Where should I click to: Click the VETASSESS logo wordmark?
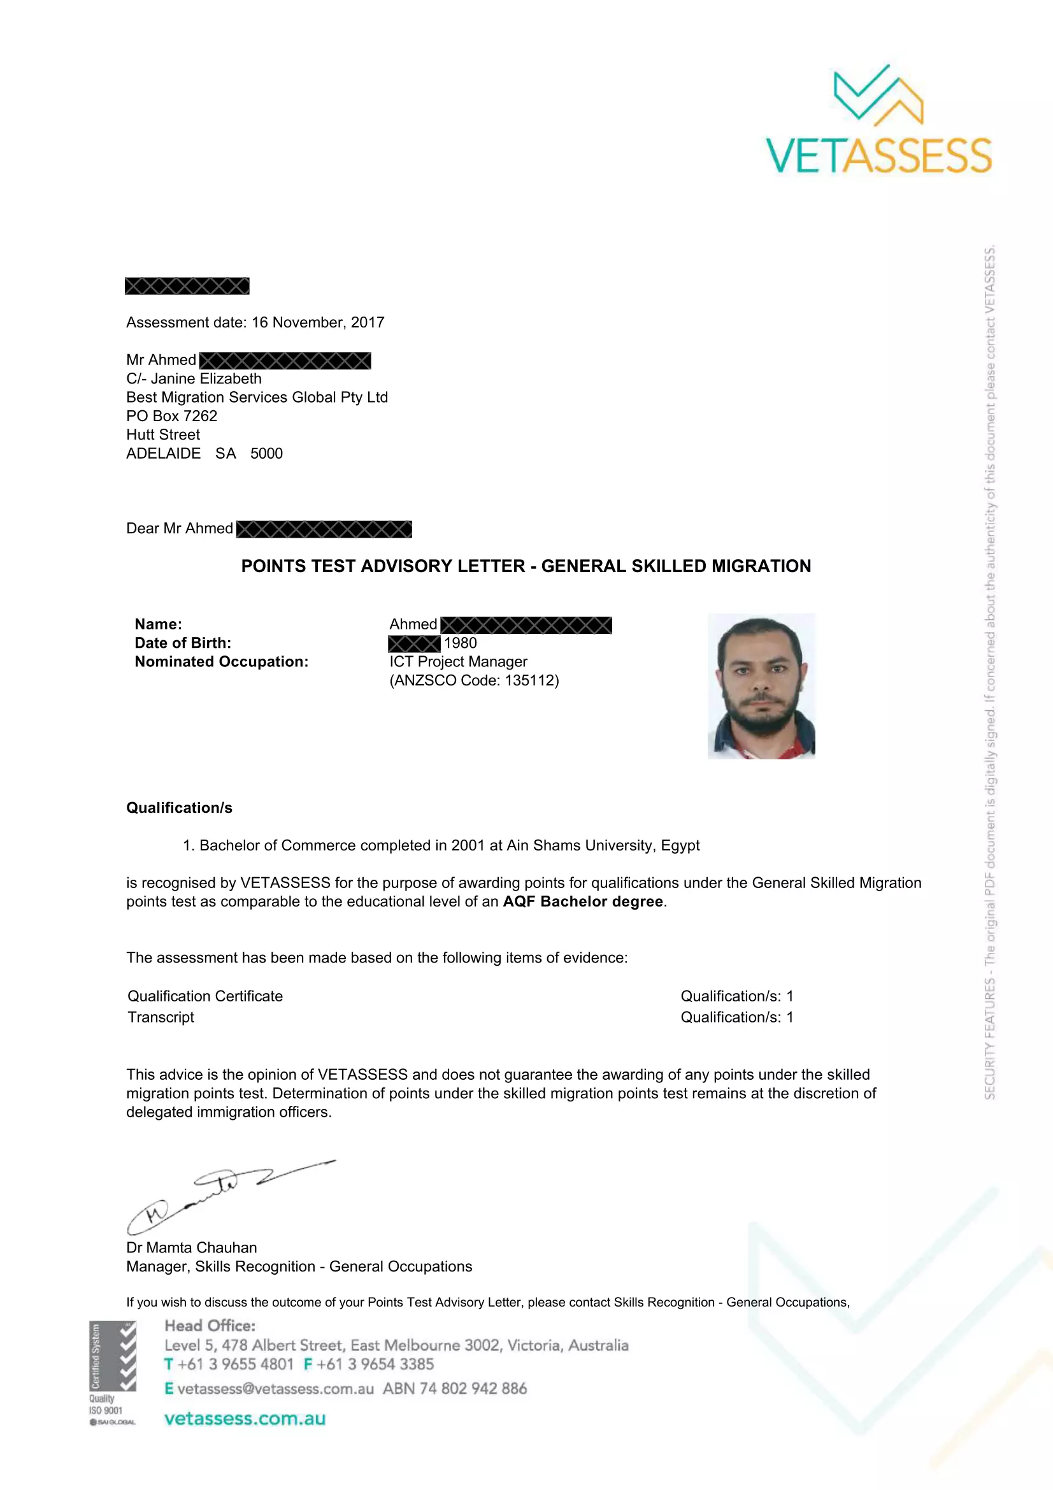[878, 155]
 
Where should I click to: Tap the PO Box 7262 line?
[172, 416]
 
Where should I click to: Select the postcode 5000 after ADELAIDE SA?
[267, 454]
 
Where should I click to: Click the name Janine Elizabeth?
[206, 378]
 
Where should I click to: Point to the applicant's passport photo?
[761, 686]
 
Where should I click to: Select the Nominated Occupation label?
[221, 661]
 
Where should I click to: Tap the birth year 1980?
[460, 643]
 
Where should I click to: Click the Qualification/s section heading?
[179, 808]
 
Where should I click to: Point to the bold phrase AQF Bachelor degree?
[583, 901]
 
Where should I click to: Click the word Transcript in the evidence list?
[161, 1017]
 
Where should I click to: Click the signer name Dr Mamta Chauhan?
[191, 1247]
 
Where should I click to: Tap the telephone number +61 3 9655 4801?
[236, 1364]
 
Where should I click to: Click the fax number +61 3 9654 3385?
[375, 1364]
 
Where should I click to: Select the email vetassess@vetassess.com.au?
[275, 1388]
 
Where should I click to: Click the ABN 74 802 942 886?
[455, 1388]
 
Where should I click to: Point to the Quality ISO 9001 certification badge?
[112, 1373]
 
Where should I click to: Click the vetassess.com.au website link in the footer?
[245, 1419]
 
